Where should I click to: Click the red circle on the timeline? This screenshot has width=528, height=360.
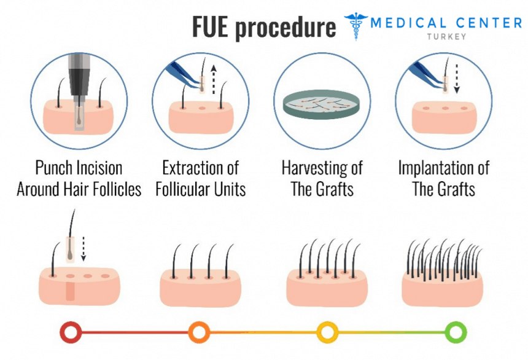[x=71, y=332]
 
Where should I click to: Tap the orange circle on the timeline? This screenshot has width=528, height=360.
[x=198, y=332]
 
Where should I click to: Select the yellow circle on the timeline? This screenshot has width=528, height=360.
[x=327, y=332]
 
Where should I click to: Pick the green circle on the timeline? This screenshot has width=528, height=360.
[x=456, y=332]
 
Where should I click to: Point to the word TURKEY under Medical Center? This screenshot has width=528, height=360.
[x=446, y=36]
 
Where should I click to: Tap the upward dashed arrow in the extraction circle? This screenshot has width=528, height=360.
[x=213, y=79]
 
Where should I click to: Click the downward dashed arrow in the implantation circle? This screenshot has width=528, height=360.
[x=455, y=82]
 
